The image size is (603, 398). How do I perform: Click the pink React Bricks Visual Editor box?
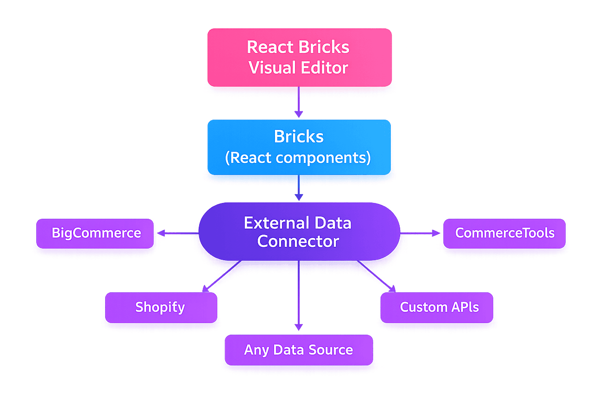[299, 57]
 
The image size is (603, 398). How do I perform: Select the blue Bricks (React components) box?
[299, 147]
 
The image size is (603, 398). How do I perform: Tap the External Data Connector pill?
[299, 231]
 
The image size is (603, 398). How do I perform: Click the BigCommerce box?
[96, 233]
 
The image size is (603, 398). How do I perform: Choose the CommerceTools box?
[504, 233]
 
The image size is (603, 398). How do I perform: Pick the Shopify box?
[161, 307]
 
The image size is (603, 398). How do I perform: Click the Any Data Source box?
[298, 350]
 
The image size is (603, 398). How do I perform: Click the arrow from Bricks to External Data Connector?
[298, 188]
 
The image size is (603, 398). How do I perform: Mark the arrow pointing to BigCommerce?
[177, 234]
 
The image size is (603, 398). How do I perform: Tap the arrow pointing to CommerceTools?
[421, 234]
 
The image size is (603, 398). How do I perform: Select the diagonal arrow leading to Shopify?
[221, 277]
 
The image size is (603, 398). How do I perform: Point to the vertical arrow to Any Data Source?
[298, 298]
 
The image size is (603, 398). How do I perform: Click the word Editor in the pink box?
[324, 68]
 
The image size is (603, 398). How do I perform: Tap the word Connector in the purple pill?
[298, 242]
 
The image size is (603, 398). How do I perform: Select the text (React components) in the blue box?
[298, 158]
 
